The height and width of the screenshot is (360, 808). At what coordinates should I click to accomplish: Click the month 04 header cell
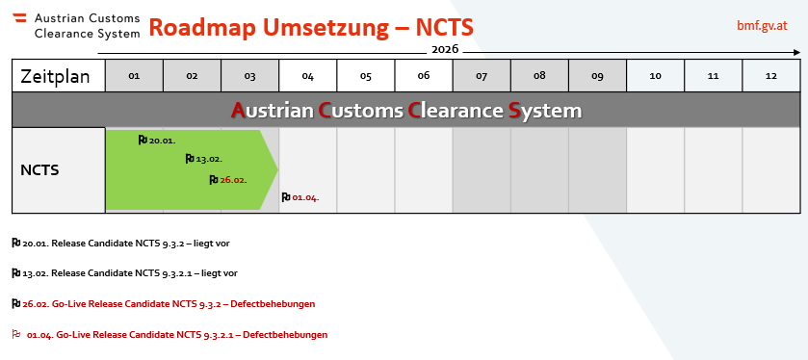point(307,76)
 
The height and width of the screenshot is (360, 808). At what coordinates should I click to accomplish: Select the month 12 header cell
point(770,76)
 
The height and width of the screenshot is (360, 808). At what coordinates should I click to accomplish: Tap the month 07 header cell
point(482,76)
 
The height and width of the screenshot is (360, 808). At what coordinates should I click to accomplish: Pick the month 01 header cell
point(134,76)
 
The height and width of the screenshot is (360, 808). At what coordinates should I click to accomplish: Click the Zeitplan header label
point(55,76)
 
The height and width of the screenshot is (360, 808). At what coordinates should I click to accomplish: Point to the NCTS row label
point(39,170)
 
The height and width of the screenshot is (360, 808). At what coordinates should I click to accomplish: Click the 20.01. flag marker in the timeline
point(143,141)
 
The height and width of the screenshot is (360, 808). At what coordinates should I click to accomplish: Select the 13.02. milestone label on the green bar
point(209,159)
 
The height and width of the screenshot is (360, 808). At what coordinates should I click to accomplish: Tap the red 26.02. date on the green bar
point(233,180)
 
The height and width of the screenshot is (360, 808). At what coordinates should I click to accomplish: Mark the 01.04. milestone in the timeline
point(300,197)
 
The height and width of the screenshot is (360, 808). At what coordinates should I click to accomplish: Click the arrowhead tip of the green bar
point(277,168)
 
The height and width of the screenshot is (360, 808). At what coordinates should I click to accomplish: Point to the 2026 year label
point(445,49)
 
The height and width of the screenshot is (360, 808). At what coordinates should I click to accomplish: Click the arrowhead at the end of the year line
point(797,53)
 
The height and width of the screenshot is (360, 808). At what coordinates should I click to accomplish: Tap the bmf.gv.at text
point(762,26)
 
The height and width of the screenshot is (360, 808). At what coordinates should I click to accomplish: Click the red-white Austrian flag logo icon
point(19,18)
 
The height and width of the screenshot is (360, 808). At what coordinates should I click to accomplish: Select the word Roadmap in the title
point(201,27)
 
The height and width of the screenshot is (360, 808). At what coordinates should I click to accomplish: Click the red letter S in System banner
point(514,111)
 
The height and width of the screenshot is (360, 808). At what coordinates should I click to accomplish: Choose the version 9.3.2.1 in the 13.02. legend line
point(173,273)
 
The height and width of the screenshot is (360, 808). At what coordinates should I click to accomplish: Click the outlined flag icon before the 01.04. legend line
point(16,334)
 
